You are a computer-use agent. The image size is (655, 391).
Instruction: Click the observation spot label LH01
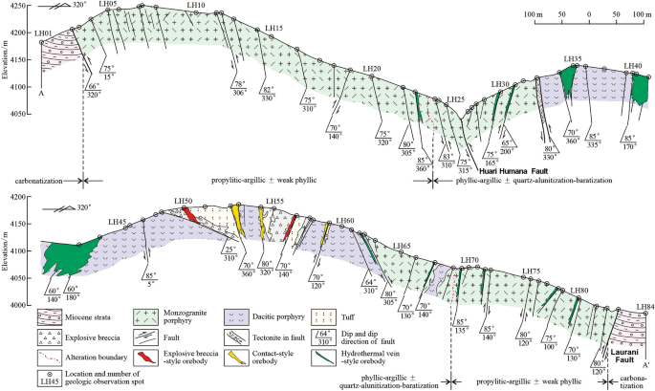[42, 34]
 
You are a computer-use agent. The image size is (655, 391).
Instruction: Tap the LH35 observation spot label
[573, 59]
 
